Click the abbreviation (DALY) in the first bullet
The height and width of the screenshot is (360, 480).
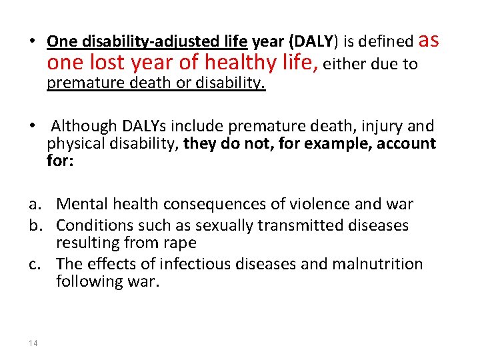(x=311, y=41)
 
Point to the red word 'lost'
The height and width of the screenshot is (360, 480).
(x=99, y=63)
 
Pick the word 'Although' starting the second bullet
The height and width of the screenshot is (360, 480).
(x=83, y=126)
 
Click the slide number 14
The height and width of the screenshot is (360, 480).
(x=33, y=343)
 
